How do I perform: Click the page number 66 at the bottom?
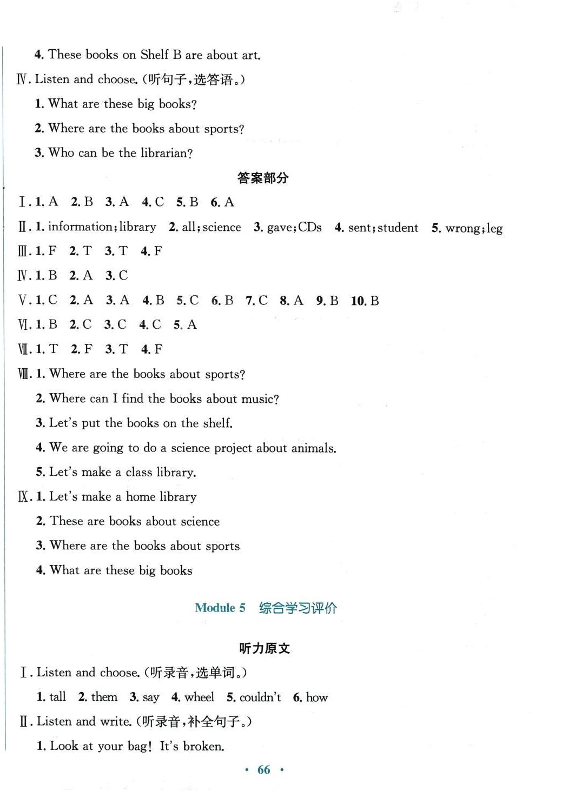coord(263,769)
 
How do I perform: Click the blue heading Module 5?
coord(220,608)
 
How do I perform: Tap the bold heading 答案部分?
coord(263,178)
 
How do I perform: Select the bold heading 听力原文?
coord(265,648)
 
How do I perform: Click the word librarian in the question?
coord(164,153)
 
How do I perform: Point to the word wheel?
coord(199,697)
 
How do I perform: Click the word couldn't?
coord(260,697)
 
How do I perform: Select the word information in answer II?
coord(81,227)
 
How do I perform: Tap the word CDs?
coord(309,227)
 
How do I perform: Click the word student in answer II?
coord(398,228)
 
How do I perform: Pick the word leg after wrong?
coord(494,228)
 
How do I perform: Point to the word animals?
coord(313,448)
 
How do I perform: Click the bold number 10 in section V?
coord(358,301)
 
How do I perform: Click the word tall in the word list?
coord(57,697)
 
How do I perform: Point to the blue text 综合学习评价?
coord(298,608)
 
